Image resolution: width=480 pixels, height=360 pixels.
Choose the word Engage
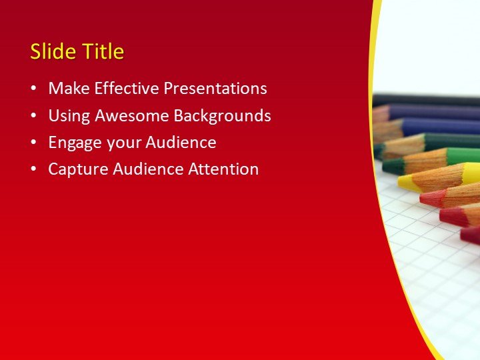coord(71,142)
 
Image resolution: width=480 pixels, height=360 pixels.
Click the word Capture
coord(75,169)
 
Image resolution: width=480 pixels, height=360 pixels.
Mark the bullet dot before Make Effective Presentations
coord(34,89)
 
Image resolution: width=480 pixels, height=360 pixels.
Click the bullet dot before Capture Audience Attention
coord(34,169)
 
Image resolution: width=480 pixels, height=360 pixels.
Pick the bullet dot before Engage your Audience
coord(34,143)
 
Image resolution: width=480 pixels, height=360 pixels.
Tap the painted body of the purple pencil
coord(433,111)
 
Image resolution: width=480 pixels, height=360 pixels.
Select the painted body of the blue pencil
coord(440,127)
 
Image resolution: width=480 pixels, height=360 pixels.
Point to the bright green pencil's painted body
coord(463,156)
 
